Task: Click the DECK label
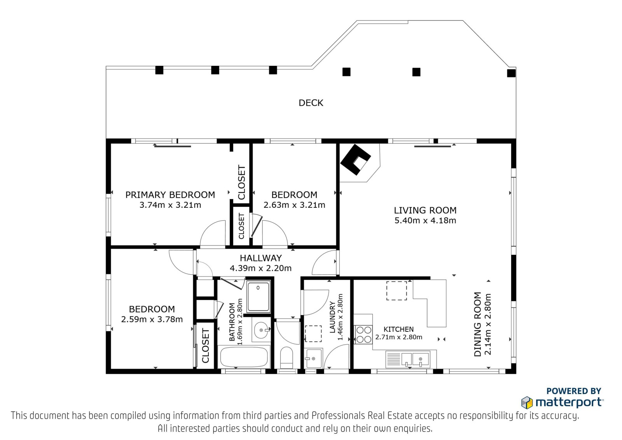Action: pos(311,103)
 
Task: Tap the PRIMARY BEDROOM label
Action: pos(170,195)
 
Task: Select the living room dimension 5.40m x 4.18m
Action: pos(425,221)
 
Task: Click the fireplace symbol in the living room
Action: pos(356,160)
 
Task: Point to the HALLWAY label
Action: pos(261,258)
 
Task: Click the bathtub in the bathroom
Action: pos(244,357)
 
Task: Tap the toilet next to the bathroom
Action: pos(287,358)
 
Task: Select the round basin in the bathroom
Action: pos(261,330)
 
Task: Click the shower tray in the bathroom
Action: pos(258,296)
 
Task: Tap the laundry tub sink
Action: pos(313,358)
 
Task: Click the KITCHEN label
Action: pos(398,330)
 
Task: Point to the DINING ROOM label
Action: pos(477,324)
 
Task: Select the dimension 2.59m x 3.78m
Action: pos(152,319)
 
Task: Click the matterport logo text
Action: pos(569,402)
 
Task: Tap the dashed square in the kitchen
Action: pos(397,291)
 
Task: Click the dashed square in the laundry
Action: pos(313,333)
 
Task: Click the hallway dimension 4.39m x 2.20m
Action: pos(260,268)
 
